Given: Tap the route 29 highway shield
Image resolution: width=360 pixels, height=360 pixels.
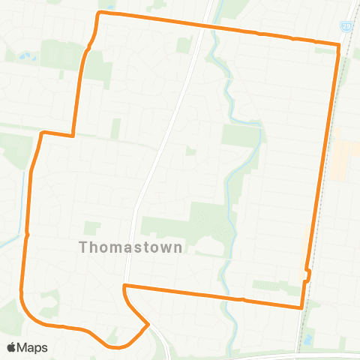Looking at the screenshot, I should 346,26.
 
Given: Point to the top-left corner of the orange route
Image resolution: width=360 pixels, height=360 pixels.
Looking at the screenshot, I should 100,13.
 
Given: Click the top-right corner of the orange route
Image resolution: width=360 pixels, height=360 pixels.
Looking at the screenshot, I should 339,45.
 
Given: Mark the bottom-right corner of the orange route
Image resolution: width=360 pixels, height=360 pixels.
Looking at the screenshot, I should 301,307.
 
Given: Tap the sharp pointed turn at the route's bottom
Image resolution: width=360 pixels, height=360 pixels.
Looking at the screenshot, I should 148,324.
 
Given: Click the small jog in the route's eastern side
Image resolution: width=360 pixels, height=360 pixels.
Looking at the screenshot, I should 307,274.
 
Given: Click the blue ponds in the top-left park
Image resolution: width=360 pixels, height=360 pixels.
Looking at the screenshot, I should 25,57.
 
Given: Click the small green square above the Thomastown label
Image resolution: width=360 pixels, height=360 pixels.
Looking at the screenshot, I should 91,228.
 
